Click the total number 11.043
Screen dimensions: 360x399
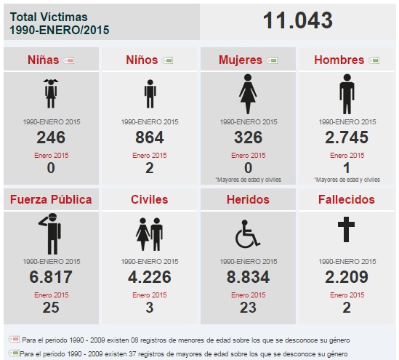coord(298,20)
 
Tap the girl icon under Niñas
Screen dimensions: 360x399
coord(51,93)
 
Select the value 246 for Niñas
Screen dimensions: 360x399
coord(51,137)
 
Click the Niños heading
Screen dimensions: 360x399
coord(142,60)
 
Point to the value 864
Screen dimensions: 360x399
coord(150,137)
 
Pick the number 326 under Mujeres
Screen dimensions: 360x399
coord(248,137)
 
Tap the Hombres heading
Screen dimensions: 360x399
coord(339,60)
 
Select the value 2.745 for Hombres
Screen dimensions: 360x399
coord(347,137)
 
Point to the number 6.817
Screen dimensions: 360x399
coord(51,277)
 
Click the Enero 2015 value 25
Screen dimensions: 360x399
coord(51,307)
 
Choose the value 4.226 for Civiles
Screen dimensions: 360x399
coord(150,277)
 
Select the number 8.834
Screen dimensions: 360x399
coord(248,277)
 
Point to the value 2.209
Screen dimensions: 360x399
coord(347,277)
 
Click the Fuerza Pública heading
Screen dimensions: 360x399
coord(51,199)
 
